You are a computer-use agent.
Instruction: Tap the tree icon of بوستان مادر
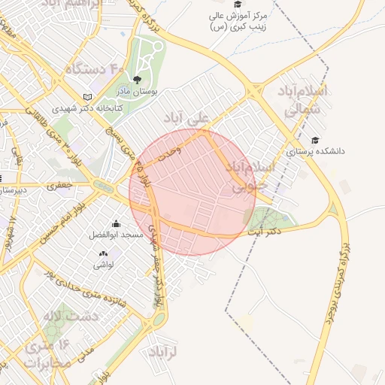pyautogui.click(x=137, y=79)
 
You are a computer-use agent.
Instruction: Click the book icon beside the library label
pyautogui.click(x=89, y=97)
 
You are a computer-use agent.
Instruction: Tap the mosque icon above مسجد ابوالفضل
pyautogui.click(x=116, y=224)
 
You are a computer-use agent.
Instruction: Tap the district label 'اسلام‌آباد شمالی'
pyautogui.click(x=303, y=100)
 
